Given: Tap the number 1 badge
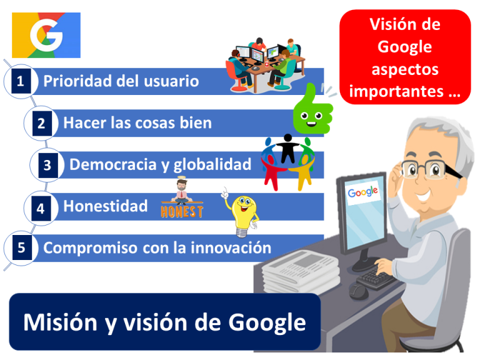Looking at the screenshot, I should click(x=21, y=81).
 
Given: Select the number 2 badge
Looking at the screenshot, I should click(x=41, y=123).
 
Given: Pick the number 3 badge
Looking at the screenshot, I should click(x=47, y=166).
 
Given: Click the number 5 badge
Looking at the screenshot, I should click(x=21, y=248).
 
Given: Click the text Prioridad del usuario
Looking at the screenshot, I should click(x=121, y=81).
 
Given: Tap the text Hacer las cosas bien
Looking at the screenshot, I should click(x=137, y=123).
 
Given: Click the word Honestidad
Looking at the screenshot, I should click(x=106, y=206).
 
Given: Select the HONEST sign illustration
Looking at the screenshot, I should click(x=182, y=203).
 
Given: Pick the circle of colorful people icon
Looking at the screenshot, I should click(x=287, y=161).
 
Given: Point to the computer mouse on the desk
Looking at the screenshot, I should click(x=360, y=290).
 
